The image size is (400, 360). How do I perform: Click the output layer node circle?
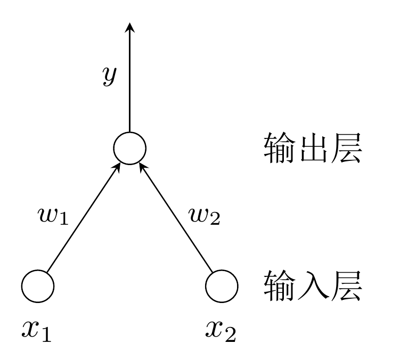coord(129,148)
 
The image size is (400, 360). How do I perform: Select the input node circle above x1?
coord(37,285)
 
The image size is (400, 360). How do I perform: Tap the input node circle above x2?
coord(222,285)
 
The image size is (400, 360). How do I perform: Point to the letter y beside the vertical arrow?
coord(109,76)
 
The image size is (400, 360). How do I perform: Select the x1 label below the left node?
coord(36,330)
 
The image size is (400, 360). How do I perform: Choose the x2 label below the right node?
coord(221,330)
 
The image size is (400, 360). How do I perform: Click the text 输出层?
coord(313,149)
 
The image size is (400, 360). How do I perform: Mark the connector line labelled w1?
coord(83,218)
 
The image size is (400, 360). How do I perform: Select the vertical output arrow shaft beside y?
coord(129,85)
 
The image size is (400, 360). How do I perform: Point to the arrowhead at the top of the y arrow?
coord(129,27)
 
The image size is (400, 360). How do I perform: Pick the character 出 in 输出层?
coord(313,149)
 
